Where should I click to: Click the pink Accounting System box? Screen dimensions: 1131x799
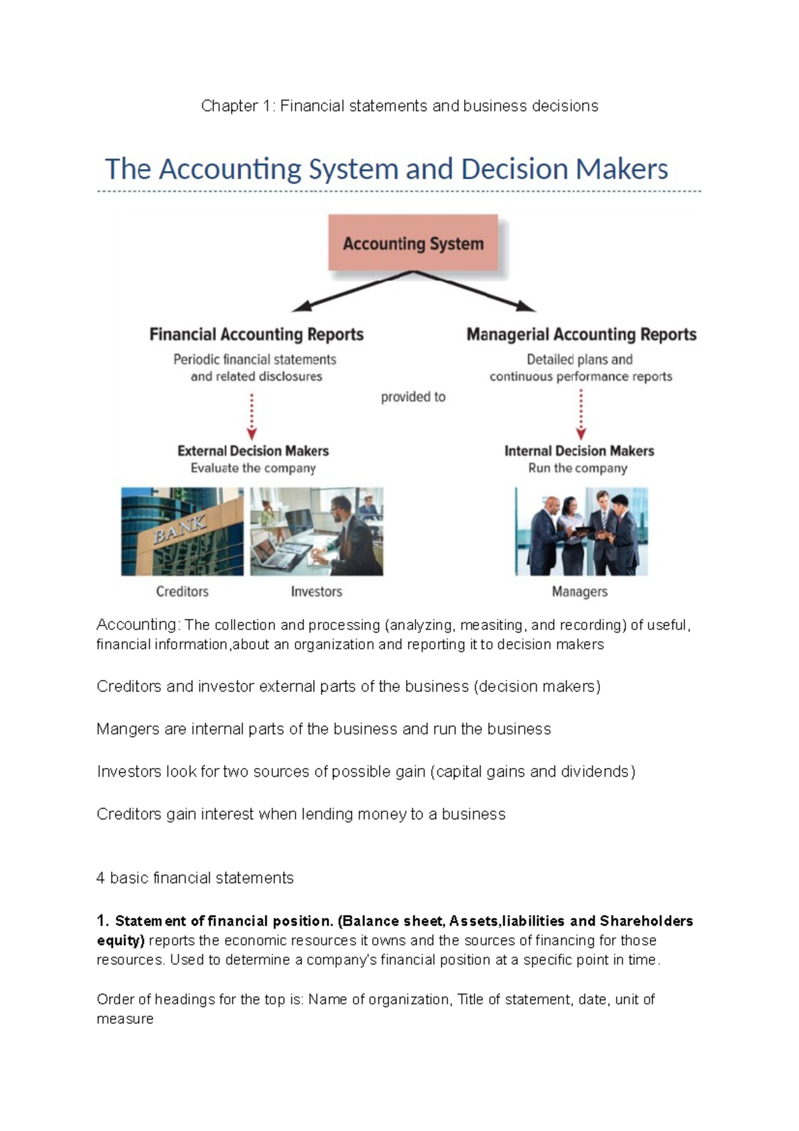(413, 243)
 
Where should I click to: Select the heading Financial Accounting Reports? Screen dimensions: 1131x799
(256, 334)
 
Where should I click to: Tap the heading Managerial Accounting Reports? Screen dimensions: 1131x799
(581, 334)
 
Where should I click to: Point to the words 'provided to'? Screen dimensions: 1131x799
(413, 397)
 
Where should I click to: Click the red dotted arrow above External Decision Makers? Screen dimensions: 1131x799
(252, 416)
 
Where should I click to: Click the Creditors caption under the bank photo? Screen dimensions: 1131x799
(182, 591)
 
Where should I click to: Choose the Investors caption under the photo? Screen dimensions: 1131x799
(316, 591)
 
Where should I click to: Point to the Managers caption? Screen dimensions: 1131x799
(579, 591)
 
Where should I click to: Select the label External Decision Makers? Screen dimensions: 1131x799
(253, 451)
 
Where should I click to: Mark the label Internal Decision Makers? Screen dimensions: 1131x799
(579, 451)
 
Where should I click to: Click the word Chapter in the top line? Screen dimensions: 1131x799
(229, 106)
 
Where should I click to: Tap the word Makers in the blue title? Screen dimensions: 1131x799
(622, 169)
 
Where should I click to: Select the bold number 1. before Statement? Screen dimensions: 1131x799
(103, 921)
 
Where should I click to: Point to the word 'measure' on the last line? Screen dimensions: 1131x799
(125, 1019)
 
